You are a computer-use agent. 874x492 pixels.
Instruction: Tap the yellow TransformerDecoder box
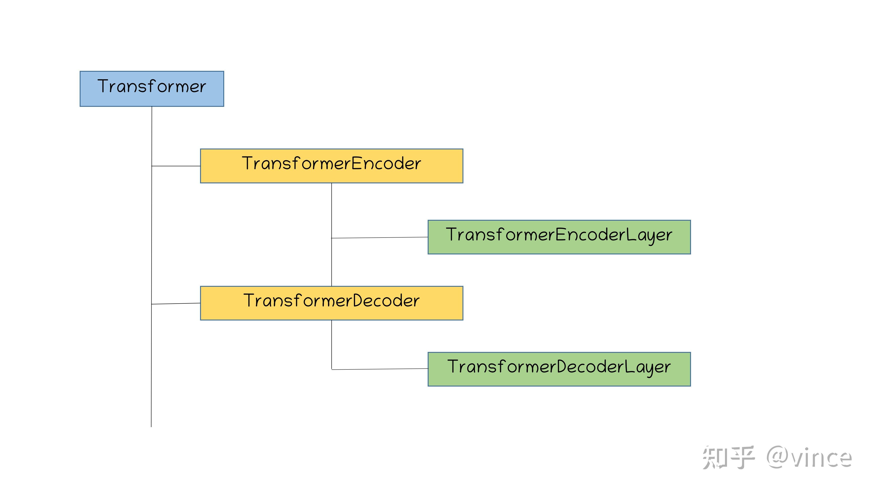click(x=331, y=303)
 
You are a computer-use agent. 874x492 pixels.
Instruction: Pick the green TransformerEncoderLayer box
click(x=559, y=237)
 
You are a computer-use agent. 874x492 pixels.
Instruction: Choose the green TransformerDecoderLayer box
click(x=559, y=369)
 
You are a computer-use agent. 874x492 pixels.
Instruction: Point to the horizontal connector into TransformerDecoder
click(x=176, y=304)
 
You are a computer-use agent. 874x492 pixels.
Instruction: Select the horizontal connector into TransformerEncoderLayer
click(x=380, y=238)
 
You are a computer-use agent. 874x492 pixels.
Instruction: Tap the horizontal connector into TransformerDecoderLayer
click(x=380, y=369)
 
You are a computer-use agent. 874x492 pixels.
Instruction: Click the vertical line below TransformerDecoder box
click(x=331, y=345)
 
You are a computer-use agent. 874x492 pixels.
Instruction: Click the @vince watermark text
click(x=809, y=457)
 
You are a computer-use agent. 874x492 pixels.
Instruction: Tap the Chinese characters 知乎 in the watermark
click(x=728, y=457)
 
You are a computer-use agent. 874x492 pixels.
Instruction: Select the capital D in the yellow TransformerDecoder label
click(x=358, y=300)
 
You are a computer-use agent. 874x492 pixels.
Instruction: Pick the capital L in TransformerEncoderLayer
click(x=631, y=234)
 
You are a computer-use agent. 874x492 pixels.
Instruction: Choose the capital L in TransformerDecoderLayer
click(x=629, y=366)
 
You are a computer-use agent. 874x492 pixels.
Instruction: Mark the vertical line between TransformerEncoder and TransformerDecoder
click(x=331, y=235)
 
